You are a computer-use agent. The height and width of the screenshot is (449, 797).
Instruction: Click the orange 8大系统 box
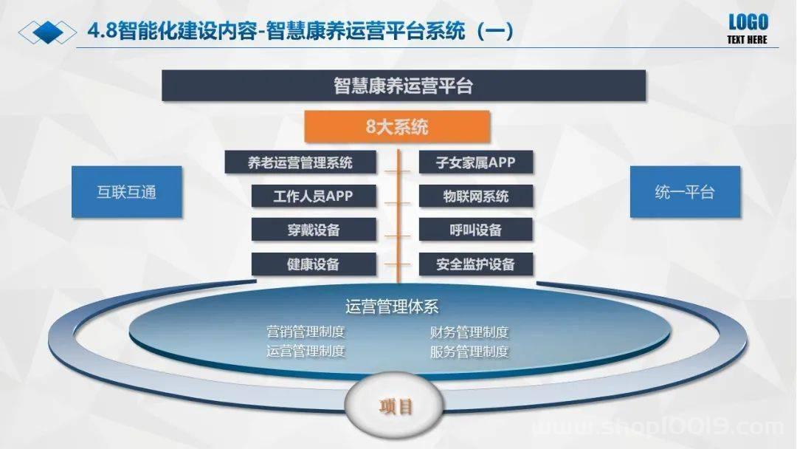tap(397, 126)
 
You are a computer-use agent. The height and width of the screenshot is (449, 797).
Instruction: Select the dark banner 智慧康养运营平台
tap(404, 86)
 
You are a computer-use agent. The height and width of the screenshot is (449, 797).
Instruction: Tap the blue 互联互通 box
tap(127, 192)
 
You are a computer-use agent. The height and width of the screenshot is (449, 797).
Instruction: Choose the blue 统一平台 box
tap(685, 192)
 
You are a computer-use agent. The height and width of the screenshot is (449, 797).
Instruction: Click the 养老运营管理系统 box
tap(300, 162)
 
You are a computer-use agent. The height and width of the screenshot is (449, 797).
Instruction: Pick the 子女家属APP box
tap(476, 162)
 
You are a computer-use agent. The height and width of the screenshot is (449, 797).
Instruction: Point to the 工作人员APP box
tap(314, 196)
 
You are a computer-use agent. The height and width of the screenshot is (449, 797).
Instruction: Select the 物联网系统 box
tap(476, 196)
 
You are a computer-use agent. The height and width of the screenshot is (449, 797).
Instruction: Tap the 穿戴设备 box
tap(314, 230)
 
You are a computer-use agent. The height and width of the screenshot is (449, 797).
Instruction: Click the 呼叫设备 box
tap(476, 230)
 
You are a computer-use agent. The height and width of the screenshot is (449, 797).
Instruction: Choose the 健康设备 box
tap(314, 264)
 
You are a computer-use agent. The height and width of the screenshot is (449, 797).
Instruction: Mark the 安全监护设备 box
tap(476, 264)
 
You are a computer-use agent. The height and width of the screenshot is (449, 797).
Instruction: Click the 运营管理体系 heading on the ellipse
tap(392, 306)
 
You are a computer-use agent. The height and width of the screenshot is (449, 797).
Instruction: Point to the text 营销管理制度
tap(306, 332)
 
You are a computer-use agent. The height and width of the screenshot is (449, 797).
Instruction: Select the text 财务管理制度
tap(469, 332)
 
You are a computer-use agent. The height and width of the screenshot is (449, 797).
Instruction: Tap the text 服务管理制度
tap(469, 352)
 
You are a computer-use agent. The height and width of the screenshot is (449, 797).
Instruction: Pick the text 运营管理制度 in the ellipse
tap(306, 351)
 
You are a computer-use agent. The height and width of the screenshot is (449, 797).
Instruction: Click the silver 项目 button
tap(394, 405)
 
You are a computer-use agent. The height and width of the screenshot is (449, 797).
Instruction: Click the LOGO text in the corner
tap(748, 22)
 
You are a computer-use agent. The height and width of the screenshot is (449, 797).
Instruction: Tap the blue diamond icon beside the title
tap(47, 32)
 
